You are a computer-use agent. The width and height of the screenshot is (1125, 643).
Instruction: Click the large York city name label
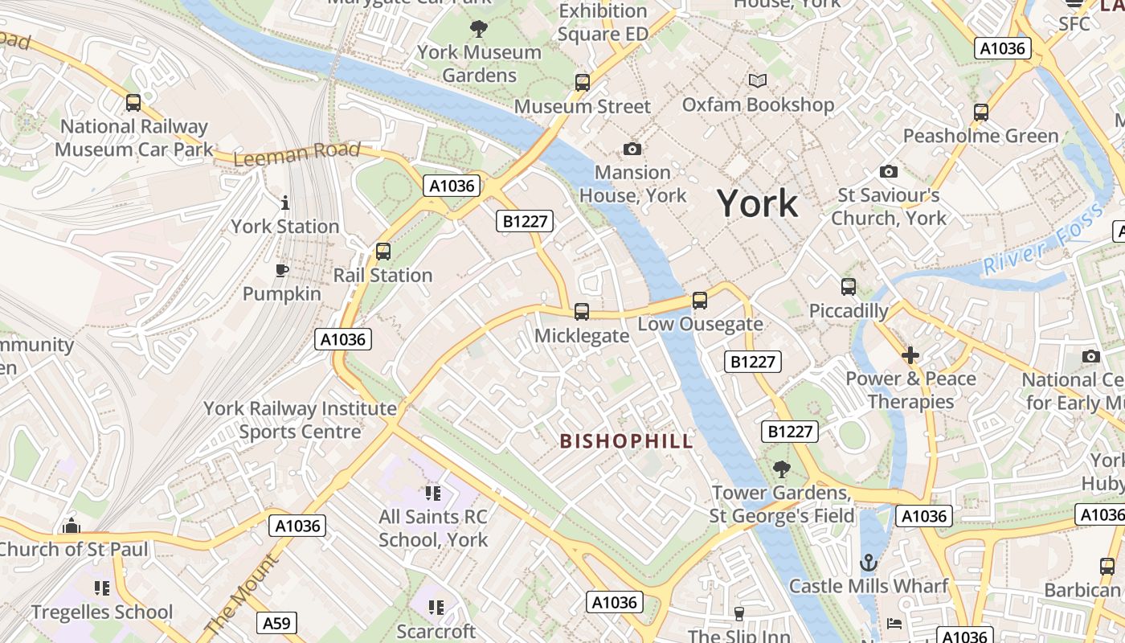click(x=757, y=203)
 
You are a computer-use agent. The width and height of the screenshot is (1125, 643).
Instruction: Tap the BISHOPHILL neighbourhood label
click(x=626, y=441)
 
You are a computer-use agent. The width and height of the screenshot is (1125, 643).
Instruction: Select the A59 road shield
click(x=277, y=623)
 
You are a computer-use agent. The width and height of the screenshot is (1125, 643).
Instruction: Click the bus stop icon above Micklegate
click(x=582, y=311)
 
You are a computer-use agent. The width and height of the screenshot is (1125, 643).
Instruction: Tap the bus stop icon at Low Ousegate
click(x=700, y=300)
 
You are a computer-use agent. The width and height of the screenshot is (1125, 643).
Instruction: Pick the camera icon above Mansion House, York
click(x=632, y=149)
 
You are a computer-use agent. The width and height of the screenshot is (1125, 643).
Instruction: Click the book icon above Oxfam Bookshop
click(x=758, y=80)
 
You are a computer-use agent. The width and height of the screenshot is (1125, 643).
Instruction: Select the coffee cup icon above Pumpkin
click(x=282, y=270)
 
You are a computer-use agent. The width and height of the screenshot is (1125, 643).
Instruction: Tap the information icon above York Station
click(x=284, y=203)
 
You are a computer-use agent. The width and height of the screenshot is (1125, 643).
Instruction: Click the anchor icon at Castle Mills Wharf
click(x=868, y=563)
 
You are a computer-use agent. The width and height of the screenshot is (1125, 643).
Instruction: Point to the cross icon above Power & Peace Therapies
click(x=910, y=354)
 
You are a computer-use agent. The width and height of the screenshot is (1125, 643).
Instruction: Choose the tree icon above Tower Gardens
click(x=781, y=469)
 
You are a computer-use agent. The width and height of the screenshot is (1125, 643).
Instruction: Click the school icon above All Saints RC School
click(x=433, y=493)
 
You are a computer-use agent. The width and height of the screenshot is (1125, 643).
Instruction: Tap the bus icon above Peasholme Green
click(x=980, y=113)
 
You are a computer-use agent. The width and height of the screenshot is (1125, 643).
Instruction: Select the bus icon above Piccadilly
click(x=849, y=287)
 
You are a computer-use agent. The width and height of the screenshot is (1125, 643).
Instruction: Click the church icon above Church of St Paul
click(x=72, y=526)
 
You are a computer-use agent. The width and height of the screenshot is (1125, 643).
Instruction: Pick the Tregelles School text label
click(x=102, y=612)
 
